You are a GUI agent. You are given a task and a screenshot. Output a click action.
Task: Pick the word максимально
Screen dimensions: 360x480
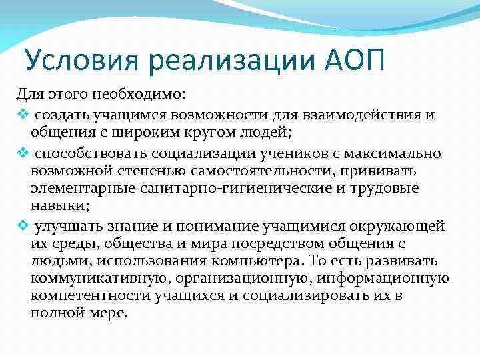pos(404,154)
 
